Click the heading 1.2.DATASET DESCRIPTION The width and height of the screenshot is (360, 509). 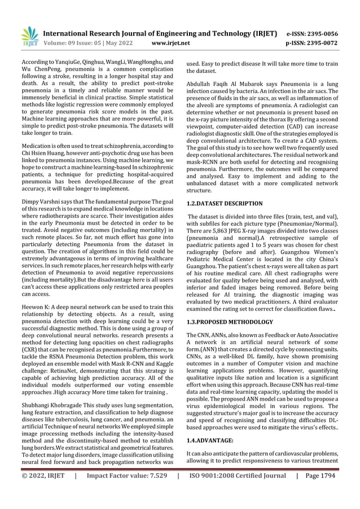[224, 203]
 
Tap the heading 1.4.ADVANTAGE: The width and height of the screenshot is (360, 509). [210, 440]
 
